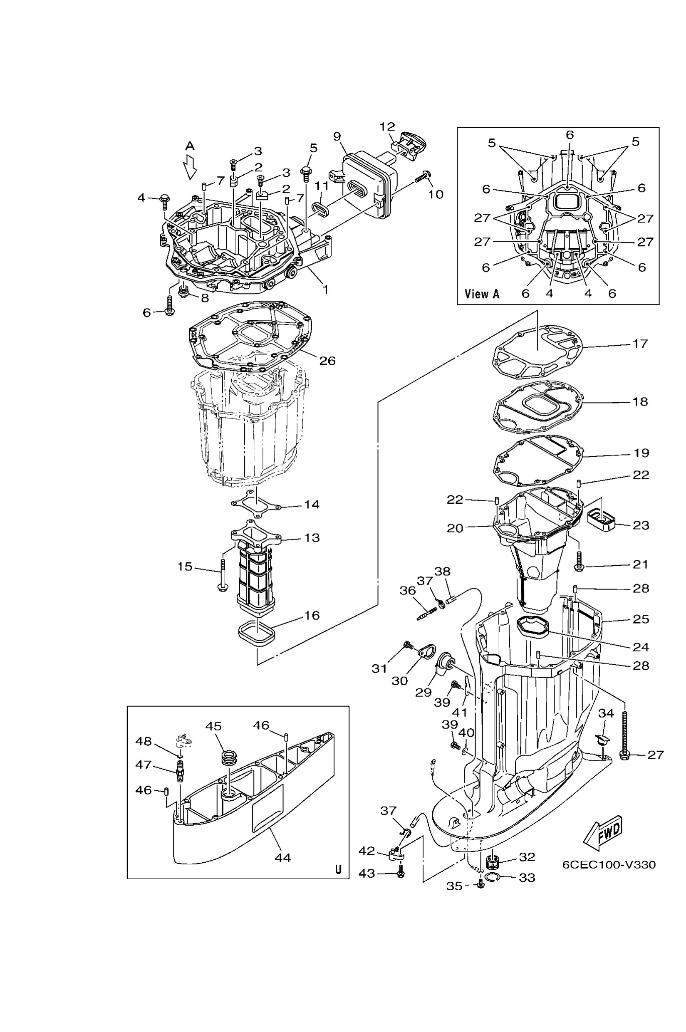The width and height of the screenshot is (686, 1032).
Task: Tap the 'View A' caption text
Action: (482, 294)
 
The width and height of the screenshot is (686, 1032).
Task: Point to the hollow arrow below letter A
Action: (190, 168)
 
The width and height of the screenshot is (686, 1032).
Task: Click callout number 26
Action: (327, 361)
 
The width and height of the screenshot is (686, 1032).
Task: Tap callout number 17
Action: (640, 344)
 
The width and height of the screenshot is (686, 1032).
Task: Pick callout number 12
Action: (387, 127)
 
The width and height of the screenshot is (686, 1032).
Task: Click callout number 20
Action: (455, 528)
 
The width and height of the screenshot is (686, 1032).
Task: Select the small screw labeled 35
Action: (480, 885)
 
